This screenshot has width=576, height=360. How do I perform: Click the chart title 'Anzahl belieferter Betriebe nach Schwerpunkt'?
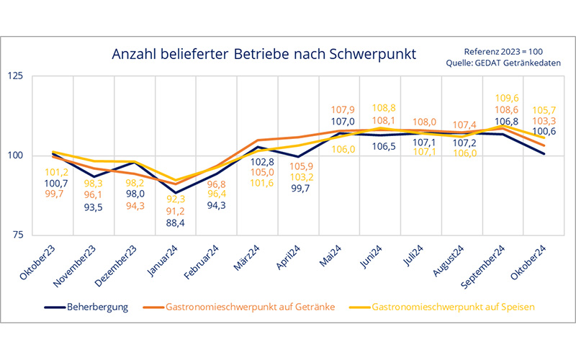(263, 55)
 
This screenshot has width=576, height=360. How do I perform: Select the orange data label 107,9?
(342, 110)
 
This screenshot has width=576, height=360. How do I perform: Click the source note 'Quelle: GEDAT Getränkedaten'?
(504, 63)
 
